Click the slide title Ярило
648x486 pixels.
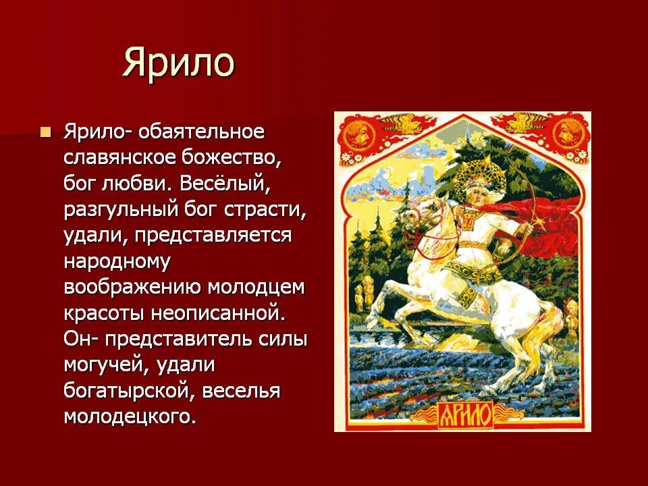pyautogui.click(x=178, y=63)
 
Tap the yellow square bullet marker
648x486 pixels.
pyautogui.click(x=46, y=131)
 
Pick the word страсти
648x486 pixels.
pyautogui.click(x=269, y=209)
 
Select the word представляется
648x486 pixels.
pyautogui.click(x=213, y=235)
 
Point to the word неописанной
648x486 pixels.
pyautogui.click(x=235, y=313)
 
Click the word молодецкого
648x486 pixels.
pyautogui.click(x=130, y=416)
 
